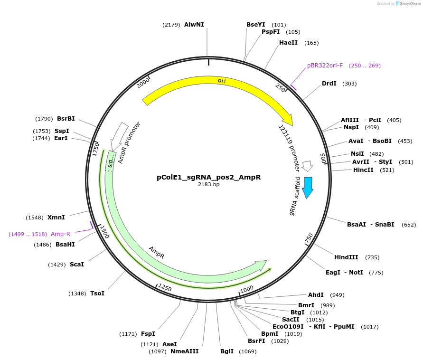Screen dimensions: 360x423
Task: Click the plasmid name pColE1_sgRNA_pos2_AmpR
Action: [x=208, y=177]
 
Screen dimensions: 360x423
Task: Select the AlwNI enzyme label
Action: [x=194, y=24]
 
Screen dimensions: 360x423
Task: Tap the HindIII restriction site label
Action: [x=346, y=257]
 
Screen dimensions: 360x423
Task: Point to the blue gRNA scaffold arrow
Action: [x=308, y=187]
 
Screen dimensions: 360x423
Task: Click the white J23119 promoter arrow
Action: [x=308, y=166]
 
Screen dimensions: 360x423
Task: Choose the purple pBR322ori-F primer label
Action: [x=325, y=66]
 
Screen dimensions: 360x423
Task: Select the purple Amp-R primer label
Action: [x=61, y=234]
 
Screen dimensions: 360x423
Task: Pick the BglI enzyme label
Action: [x=227, y=351]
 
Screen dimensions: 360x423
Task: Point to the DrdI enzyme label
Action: [x=329, y=84]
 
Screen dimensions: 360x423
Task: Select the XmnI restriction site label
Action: [x=56, y=218]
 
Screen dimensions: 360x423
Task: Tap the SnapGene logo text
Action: [x=410, y=4]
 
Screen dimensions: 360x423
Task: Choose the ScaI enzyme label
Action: [x=77, y=264]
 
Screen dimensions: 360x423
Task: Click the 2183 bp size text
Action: [x=208, y=185]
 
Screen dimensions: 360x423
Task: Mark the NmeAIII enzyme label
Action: [x=185, y=351]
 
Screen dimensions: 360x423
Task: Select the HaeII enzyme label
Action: [x=288, y=43]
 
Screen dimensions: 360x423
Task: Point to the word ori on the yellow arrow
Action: [x=222, y=81]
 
